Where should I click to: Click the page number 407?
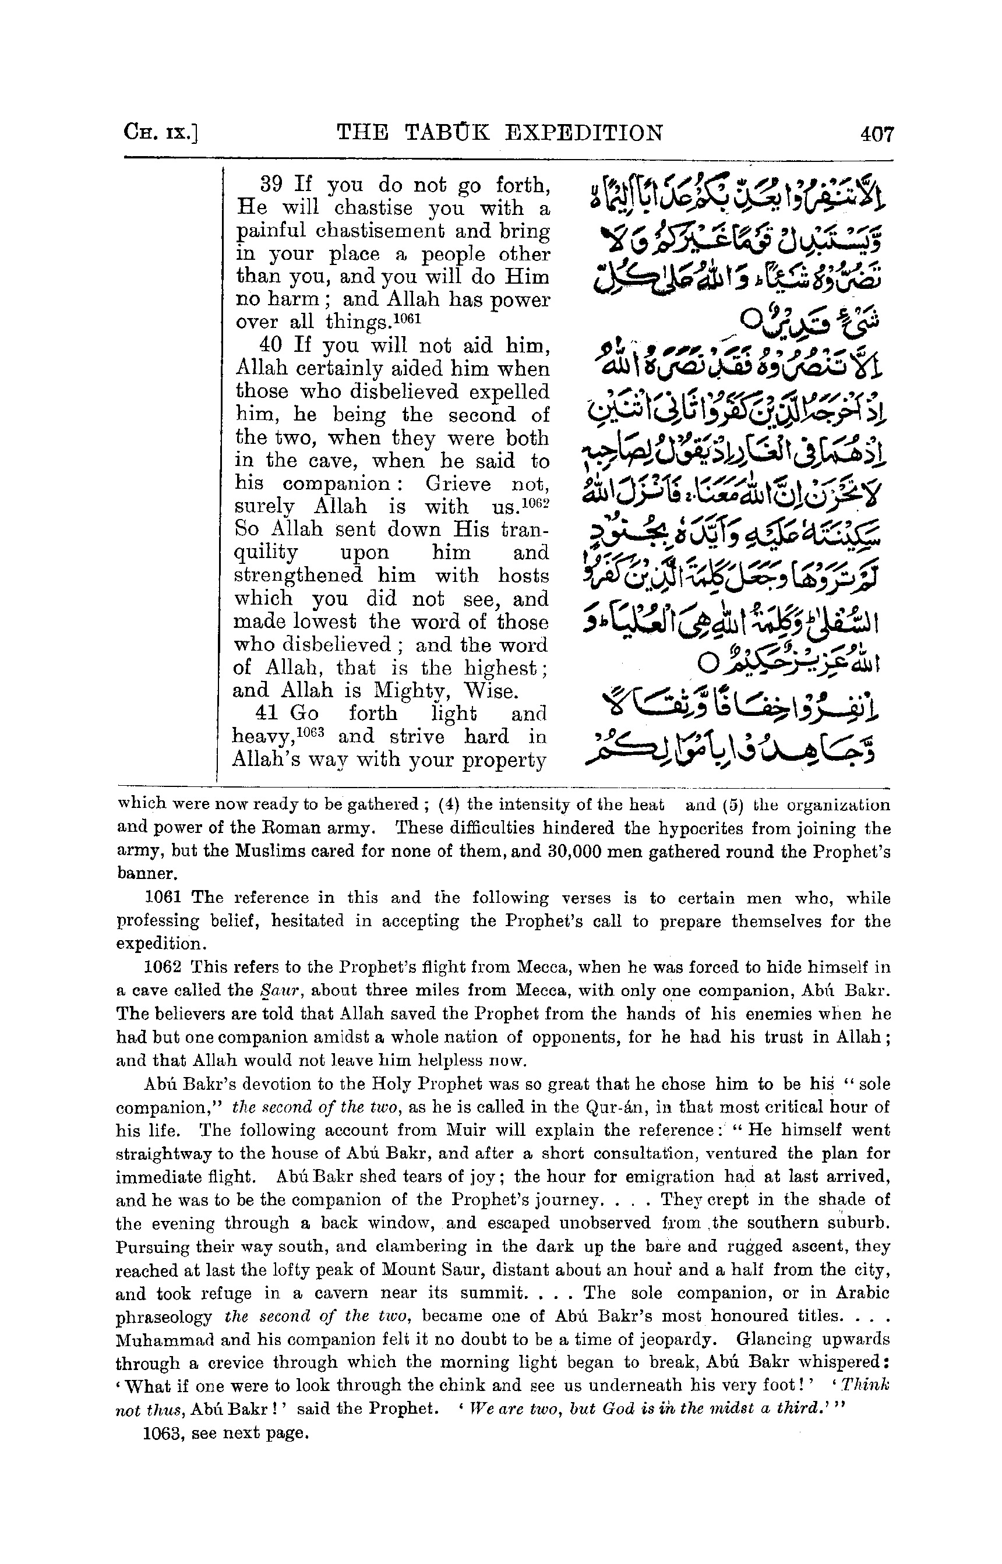tap(877, 135)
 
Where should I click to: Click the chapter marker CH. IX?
tap(161, 135)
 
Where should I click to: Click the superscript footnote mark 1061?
tap(408, 317)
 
